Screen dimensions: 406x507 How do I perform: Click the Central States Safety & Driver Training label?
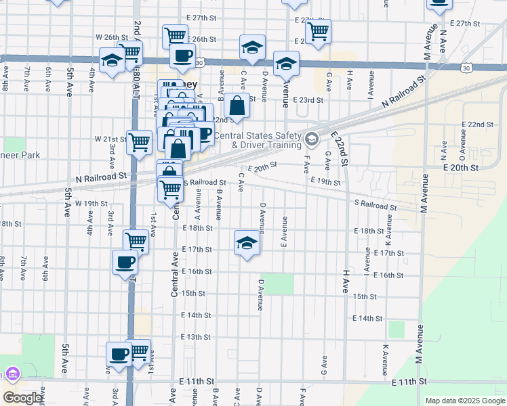click(258, 140)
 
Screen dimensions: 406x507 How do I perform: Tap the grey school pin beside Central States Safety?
click(311, 140)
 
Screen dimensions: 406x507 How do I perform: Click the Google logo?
click(22, 398)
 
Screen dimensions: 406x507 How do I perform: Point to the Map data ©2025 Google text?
click(464, 401)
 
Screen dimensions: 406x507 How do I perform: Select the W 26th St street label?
click(112, 37)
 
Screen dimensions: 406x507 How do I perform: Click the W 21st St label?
click(110, 139)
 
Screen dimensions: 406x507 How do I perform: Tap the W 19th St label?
click(92, 203)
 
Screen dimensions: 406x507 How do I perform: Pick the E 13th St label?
click(196, 336)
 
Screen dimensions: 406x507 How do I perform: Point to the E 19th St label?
click(325, 181)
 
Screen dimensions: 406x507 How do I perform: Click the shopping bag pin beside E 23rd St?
click(237, 106)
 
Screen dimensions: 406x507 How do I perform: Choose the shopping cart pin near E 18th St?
click(136, 240)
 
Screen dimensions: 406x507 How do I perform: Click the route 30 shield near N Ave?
click(466, 68)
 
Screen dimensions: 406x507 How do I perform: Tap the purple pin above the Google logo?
click(12, 374)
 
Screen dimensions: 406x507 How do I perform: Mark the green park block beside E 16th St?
click(279, 284)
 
